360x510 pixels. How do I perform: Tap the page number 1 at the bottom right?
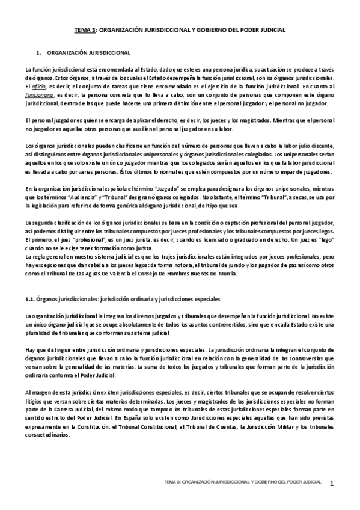[x=340, y=483]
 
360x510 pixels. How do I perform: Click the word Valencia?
[x=130, y=274]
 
